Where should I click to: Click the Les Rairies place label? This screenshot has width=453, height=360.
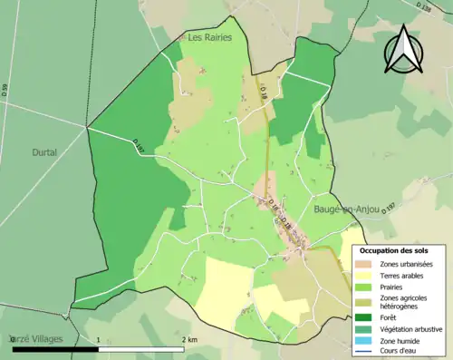point(209,38)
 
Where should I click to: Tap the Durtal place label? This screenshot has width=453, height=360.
point(44,152)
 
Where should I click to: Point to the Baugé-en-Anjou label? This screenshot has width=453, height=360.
point(346,209)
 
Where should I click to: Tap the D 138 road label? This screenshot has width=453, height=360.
point(426,7)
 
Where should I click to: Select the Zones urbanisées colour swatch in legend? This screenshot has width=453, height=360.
point(362,263)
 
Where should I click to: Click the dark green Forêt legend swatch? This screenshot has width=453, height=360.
point(362,318)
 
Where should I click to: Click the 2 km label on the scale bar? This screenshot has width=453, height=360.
point(189,338)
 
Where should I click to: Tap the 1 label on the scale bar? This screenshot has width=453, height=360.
point(98,338)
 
